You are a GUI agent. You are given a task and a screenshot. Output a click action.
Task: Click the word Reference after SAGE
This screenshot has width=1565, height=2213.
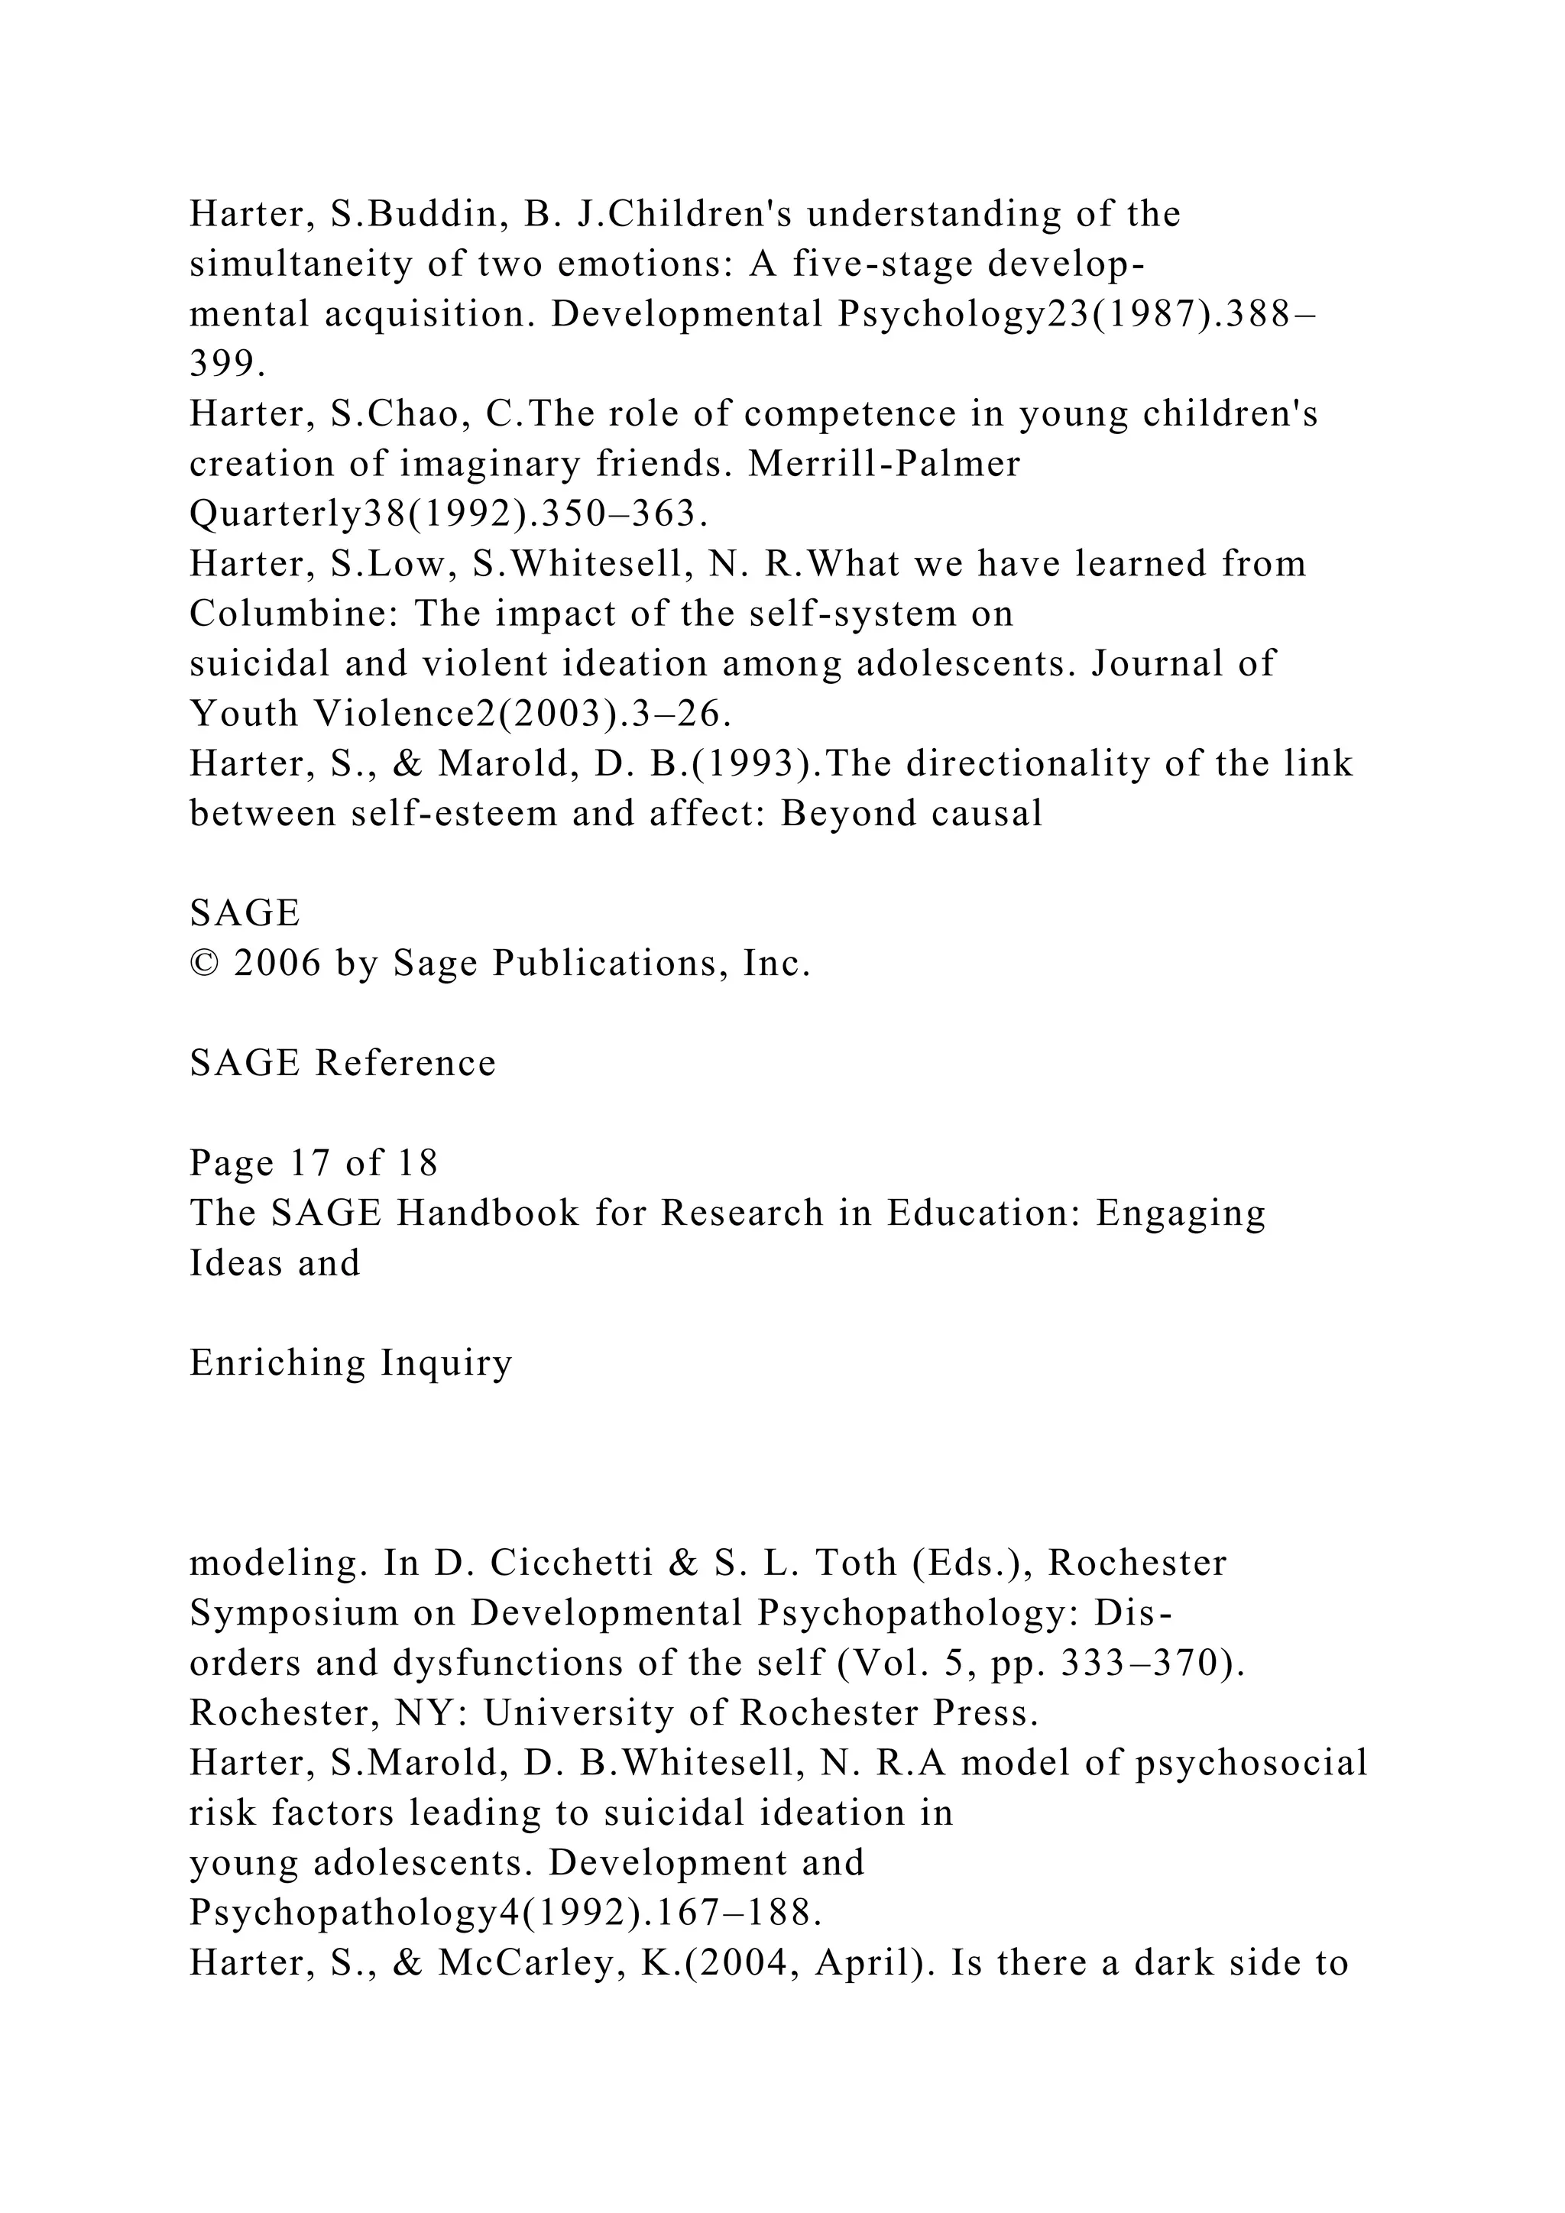[405, 1063]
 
